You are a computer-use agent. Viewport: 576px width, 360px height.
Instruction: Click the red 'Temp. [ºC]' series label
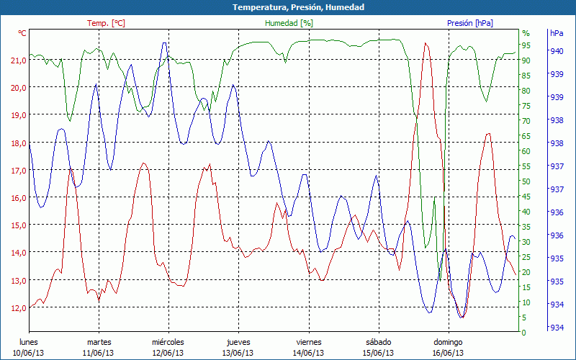pyautogui.click(x=106, y=23)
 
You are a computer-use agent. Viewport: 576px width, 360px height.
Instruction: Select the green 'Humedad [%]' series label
pyautogui.click(x=289, y=23)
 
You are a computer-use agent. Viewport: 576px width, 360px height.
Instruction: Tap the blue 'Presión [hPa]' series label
pyautogui.click(x=469, y=23)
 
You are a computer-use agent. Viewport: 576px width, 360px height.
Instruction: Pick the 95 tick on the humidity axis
pyautogui.click(x=526, y=45)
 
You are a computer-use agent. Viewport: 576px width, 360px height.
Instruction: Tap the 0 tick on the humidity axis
pyautogui.click(x=523, y=333)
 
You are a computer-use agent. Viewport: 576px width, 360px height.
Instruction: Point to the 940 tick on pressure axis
pyautogui.click(x=557, y=50)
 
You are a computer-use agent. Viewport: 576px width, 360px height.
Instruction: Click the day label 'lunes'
pyautogui.click(x=29, y=342)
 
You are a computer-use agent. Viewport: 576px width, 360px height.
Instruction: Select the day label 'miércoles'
pyautogui.click(x=168, y=342)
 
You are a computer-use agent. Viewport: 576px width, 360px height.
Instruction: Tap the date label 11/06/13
pyautogui.click(x=98, y=353)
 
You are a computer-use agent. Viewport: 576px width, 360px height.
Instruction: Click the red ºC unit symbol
pyautogui.click(x=22, y=33)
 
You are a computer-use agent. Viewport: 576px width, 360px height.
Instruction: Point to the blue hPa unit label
pyautogui.click(x=557, y=33)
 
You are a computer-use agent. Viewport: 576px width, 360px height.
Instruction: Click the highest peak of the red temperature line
pyautogui.click(x=426, y=43)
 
